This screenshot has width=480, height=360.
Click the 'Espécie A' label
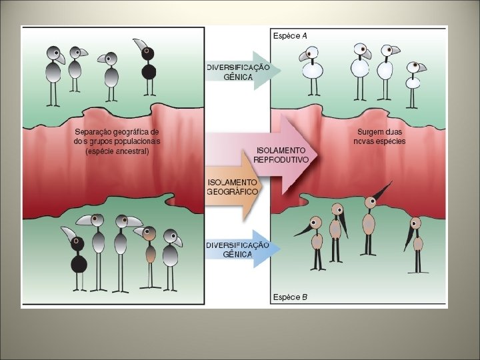(x=290, y=36)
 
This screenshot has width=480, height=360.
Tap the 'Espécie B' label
(x=290, y=297)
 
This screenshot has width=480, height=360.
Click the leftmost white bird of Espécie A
(x=311, y=70)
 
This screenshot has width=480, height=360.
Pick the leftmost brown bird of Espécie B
(x=316, y=240)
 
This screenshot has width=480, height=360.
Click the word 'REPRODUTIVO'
(x=281, y=160)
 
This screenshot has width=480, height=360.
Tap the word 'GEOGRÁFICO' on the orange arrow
(x=233, y=192)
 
